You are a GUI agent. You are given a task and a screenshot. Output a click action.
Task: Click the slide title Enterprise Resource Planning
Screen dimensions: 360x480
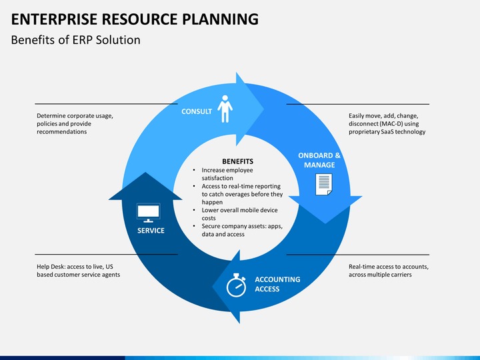(135, 19)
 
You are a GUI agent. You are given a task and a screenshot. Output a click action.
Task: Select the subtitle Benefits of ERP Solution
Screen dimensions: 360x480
(75, 40)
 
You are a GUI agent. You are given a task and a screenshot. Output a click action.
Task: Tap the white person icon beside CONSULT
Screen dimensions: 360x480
(225, 109)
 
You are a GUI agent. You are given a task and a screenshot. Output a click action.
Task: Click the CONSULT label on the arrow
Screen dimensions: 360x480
(197, 111)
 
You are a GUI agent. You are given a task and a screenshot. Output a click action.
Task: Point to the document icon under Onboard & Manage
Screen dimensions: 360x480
(323, 184)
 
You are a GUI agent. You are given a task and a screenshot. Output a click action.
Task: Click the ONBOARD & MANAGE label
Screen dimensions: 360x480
(319, 160)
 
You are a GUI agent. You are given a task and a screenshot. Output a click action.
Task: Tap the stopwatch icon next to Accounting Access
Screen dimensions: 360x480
(237, 285)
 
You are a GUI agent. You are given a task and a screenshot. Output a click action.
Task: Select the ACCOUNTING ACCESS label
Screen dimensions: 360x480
(277, 284)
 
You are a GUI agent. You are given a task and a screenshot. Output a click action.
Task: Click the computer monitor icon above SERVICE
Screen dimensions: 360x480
(148, 213)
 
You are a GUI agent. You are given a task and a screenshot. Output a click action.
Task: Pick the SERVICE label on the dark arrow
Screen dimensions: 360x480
(151, 231)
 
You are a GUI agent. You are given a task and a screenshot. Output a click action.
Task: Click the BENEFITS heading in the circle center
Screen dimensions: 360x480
(237, 161)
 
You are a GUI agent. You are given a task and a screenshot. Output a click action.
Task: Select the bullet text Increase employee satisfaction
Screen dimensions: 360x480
(227, 174)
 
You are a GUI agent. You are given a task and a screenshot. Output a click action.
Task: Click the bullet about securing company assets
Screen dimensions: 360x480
(241, 230)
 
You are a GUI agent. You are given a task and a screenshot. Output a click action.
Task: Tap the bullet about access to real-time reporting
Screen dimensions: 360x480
(241, 194)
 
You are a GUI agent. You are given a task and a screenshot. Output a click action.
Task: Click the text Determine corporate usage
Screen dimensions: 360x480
(75, 116)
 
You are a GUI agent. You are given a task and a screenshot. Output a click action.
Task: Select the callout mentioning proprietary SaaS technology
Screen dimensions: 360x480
(387, 124)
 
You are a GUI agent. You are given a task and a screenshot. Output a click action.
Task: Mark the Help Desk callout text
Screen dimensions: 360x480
(78, 271)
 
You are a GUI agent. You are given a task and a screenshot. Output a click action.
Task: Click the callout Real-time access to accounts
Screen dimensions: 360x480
(388, 271)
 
